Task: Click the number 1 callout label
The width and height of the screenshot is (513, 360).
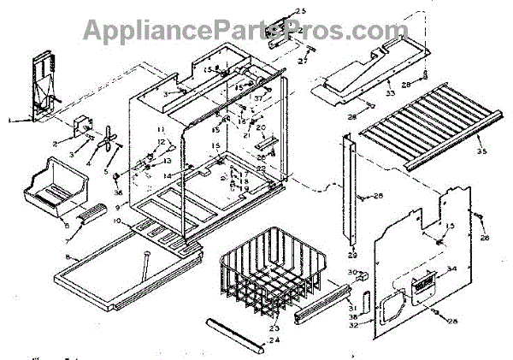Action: click(9, 122)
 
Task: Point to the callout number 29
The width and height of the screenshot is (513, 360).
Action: click(351, 255)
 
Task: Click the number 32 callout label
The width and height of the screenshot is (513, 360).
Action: click(354, 324)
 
